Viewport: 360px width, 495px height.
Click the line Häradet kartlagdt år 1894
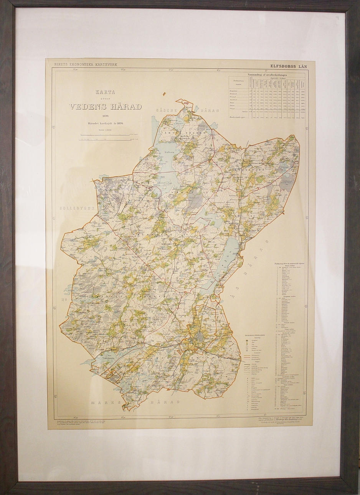pyautogui.click(x=105, y=123)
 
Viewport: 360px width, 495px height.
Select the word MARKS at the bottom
pyautogui.click(x=107, y=402)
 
